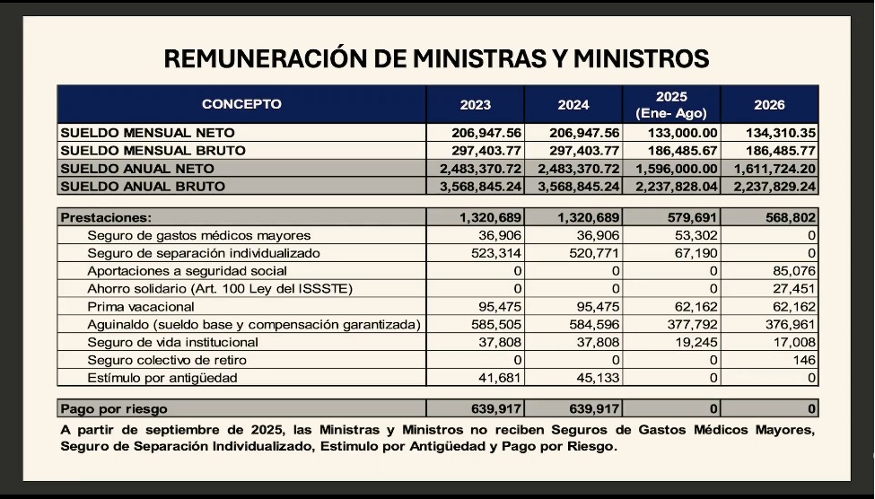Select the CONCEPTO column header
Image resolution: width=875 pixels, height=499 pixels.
pyautogui.click(x=241, y=104)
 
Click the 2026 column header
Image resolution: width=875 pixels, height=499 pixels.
pyautogui.click(x=769, y=104)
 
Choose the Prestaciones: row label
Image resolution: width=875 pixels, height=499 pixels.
pyautogui.click(x=106, y=217)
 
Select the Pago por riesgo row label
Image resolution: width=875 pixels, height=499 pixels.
pyautogui.click(x=114, y=409)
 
